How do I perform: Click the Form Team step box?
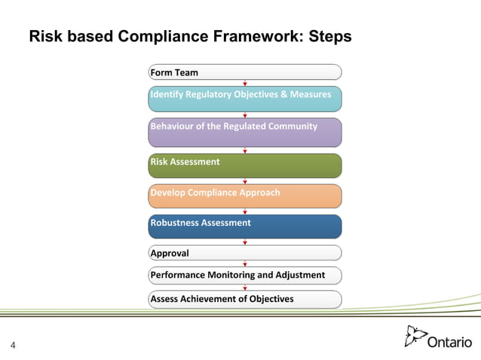tap(245, 72)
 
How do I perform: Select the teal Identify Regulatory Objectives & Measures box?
tap(245, 99)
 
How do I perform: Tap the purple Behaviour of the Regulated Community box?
tap(245, 131)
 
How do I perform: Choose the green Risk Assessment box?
tap(245, 165)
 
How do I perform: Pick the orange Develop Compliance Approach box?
tap(245, 196)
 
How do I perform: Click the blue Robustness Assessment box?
tap(245, 226)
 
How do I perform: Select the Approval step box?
tap(245, 253)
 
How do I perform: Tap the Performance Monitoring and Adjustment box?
tap(245, 275)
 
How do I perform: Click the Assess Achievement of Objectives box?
tap(245, 299)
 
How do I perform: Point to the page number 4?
tap(13, 346)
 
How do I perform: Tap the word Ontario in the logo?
tap(449, 342)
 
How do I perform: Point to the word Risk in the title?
tap(44, 37)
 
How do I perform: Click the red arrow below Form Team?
tap(245, 83)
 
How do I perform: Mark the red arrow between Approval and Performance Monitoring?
tap(245, 264)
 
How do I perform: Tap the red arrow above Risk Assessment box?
tap(245, 151)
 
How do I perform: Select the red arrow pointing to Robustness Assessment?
tap(245, 212)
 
